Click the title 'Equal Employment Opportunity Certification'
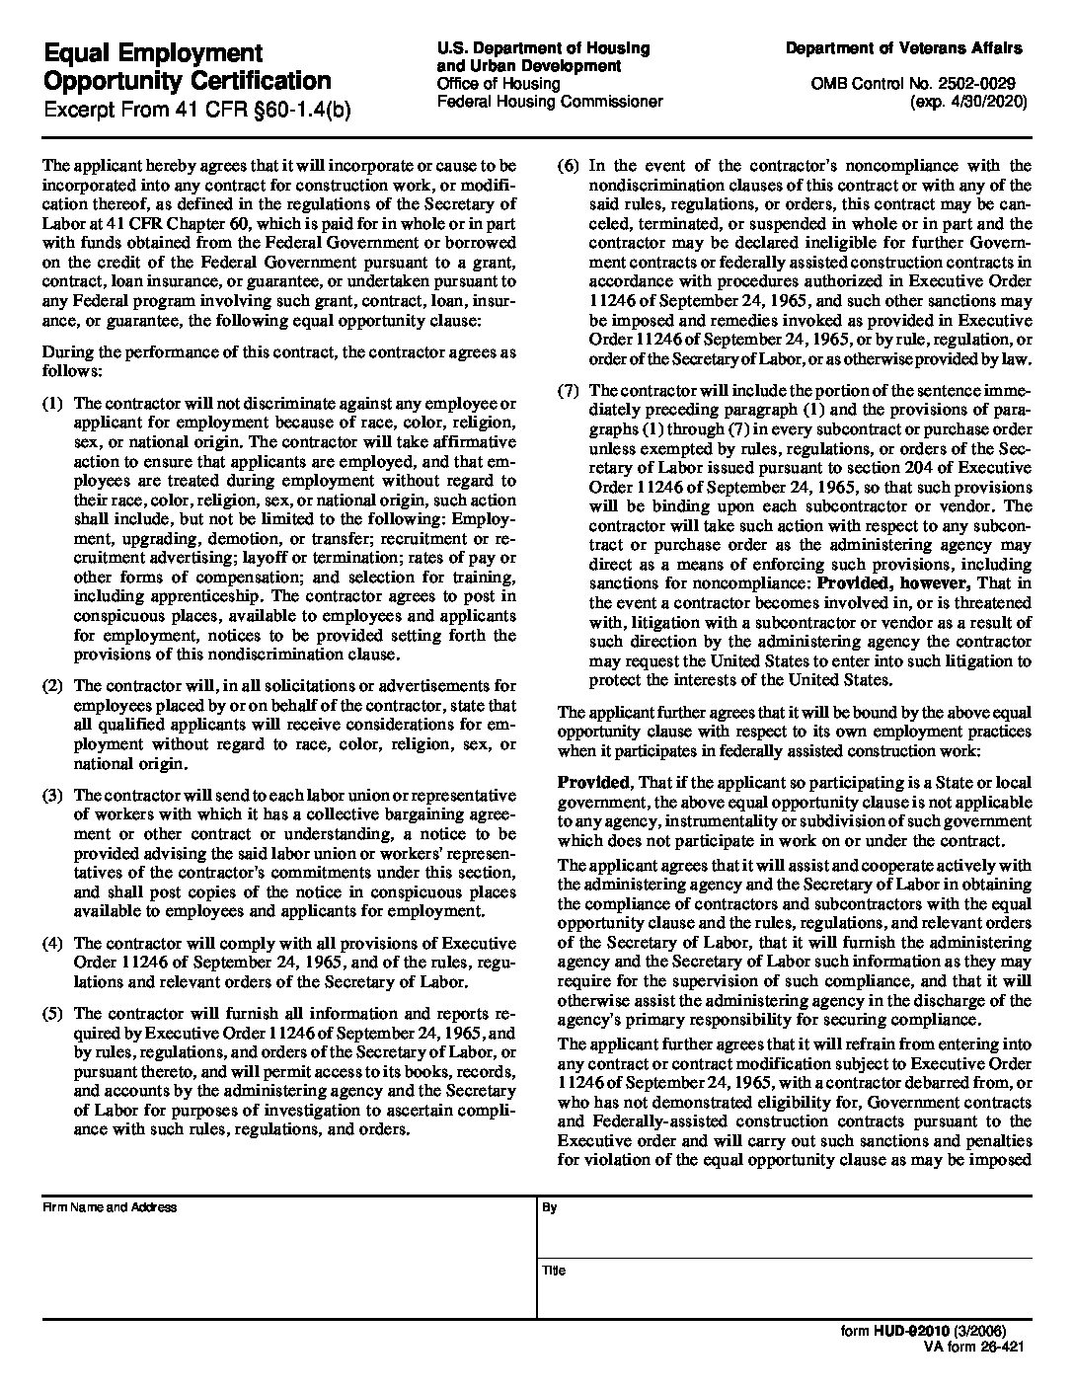(x=188, y=66)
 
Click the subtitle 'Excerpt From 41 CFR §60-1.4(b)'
(x=196, y=109)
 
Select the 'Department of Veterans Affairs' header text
(x=903, y=48)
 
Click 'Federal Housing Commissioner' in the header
(x=550, y=102)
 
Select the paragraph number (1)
(x=53, y=403)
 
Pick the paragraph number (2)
(x=53, y=686)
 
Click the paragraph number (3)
(x=53, y=796)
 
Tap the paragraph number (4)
(x=53, y=944)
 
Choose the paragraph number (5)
(x=53, y=1013)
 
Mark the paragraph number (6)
(x=568, y=166)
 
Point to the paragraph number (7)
(x=568, y=391)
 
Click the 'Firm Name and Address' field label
(x=109, y=1207)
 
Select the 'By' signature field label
(x=550, y=1207)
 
